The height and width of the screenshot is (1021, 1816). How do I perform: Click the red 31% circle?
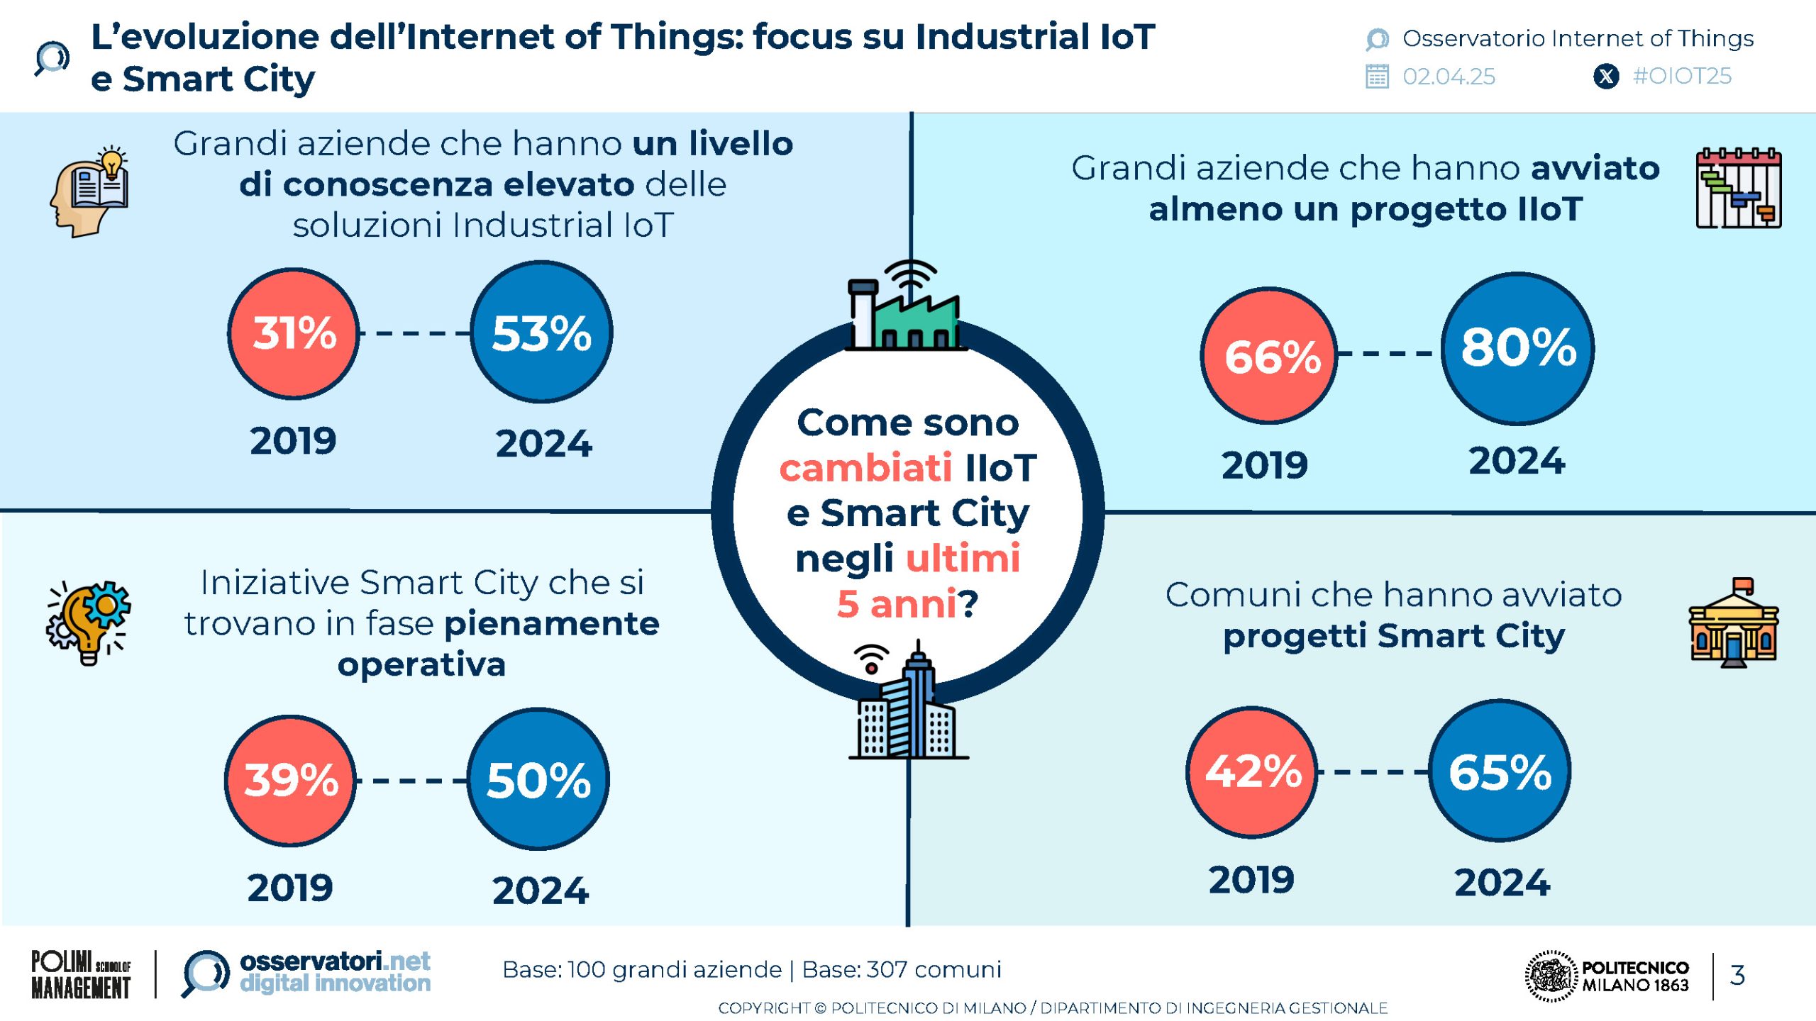point(293,333)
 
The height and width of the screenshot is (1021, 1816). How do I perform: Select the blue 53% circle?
point(541,333)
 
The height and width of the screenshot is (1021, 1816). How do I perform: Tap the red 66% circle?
point(1269,356)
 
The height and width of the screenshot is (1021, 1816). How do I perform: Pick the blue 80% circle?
point(1517,348)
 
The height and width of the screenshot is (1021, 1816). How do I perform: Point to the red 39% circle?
point(290,780)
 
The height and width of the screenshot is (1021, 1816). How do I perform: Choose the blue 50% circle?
point(538,779)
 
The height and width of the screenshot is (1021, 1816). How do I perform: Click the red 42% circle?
point(1252,771)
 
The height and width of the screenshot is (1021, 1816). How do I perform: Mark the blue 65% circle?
point(1500,771)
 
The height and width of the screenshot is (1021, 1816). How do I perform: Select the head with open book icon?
point(90,191)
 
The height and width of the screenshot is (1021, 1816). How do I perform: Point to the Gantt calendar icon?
point(1738,188)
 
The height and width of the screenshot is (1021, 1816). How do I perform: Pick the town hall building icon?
point(1733,624)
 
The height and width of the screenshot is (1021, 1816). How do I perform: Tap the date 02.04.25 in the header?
point(1449,77)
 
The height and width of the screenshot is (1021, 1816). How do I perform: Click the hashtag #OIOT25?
point(1682,76)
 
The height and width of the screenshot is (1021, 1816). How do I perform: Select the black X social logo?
point(1606,76)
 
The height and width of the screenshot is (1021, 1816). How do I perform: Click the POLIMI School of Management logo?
point(81,975)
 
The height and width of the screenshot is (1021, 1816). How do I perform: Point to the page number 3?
point(1737,975)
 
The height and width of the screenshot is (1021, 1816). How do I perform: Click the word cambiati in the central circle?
point(865,468)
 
